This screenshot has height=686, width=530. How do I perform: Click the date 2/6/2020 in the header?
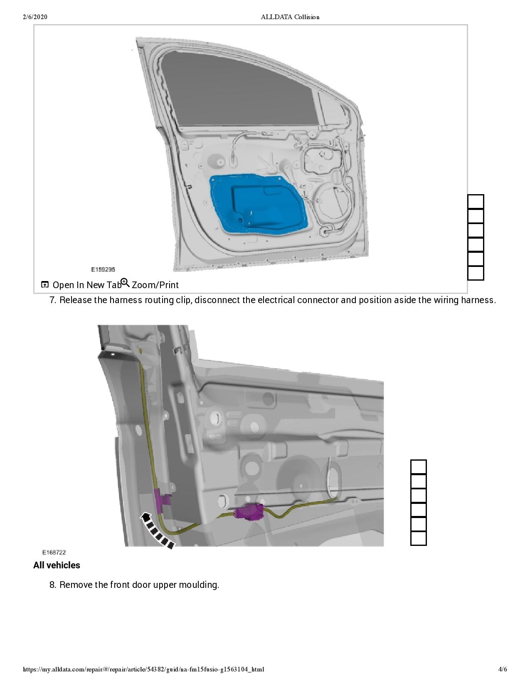[35, 17]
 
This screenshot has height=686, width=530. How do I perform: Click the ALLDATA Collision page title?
[290, 17]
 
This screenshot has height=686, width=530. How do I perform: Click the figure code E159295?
[103, 269]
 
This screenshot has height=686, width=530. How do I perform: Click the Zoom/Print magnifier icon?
[125, 283]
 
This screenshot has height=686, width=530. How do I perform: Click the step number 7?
[53, 300]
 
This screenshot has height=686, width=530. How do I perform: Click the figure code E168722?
[54, 553]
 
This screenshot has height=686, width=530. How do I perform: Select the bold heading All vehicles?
[57, 565]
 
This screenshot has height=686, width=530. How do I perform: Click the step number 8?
[53, 585]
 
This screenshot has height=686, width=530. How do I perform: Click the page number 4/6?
[503, 669]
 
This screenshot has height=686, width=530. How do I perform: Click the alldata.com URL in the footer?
[143, 669]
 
